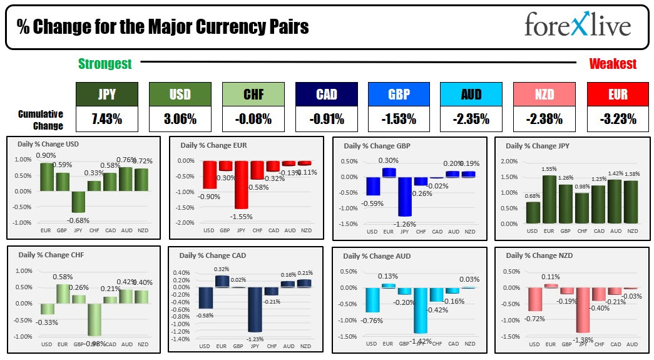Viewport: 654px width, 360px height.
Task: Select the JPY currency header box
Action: coord(106,94)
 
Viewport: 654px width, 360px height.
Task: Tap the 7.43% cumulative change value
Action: coord(106,119)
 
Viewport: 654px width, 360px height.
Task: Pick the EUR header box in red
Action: coord(618,94)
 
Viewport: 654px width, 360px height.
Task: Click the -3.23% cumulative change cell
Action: coord(618,119)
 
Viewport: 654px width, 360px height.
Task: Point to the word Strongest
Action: coord(105,64)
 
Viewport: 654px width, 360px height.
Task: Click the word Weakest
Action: coord(613,64)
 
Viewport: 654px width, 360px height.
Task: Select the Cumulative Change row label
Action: coord(41,120)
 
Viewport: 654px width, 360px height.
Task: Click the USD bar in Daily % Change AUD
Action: coord(372,299)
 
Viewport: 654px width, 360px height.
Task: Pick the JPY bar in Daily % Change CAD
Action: coord(255,309)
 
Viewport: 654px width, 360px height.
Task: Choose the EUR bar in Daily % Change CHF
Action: coord(63,294)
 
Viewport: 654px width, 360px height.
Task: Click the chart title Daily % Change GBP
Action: coord(379,146)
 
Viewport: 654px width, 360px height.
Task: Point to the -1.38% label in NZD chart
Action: coord(583,339)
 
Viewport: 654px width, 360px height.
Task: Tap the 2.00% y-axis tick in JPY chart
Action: coord(509,161)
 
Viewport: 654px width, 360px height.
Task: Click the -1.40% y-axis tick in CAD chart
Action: coord(181,339)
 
